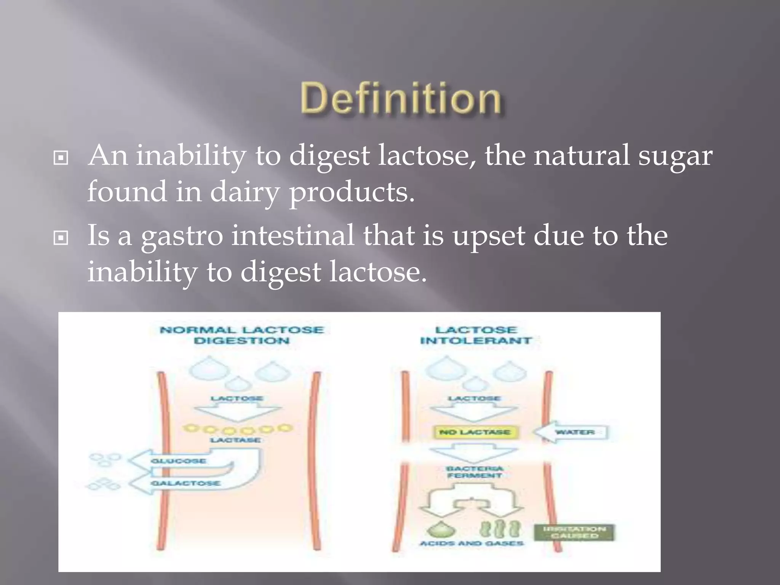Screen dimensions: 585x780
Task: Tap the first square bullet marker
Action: click(61, 157)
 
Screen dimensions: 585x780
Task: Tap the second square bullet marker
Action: click(61, 238)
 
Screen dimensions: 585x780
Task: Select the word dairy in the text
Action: click(245, 192)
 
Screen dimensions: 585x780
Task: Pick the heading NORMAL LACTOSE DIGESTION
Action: click(242, 335)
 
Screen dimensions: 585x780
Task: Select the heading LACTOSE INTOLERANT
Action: click(476, 335)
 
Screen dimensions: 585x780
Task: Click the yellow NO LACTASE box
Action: click(475, 432)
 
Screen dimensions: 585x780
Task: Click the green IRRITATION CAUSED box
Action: click(574, 532)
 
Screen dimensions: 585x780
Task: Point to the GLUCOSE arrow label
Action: click(178, 461)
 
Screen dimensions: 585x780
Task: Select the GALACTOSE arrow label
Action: click(185, 483)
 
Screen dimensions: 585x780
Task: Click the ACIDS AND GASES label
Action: click(472, 543)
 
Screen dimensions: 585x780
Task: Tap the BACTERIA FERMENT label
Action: click(475, 472)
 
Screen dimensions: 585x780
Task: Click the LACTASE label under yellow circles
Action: click(236, 440)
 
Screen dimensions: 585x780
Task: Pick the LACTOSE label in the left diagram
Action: click(237, 398)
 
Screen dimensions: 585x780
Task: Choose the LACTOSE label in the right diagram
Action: click(475, 398)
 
